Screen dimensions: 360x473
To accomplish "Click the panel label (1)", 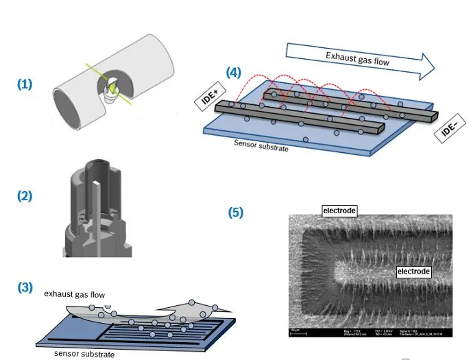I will click(25, 84).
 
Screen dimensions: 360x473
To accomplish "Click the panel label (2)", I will click(25, 195).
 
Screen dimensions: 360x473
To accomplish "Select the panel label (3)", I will click(25, 287).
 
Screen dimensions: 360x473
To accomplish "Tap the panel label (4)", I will click(233, 73).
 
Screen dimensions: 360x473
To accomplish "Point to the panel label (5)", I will click(235, 213).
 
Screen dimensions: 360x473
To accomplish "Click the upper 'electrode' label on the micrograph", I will click(339, 211).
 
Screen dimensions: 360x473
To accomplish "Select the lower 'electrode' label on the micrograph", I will click(414, 272).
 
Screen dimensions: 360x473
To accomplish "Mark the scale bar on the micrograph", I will click(294, 331).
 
